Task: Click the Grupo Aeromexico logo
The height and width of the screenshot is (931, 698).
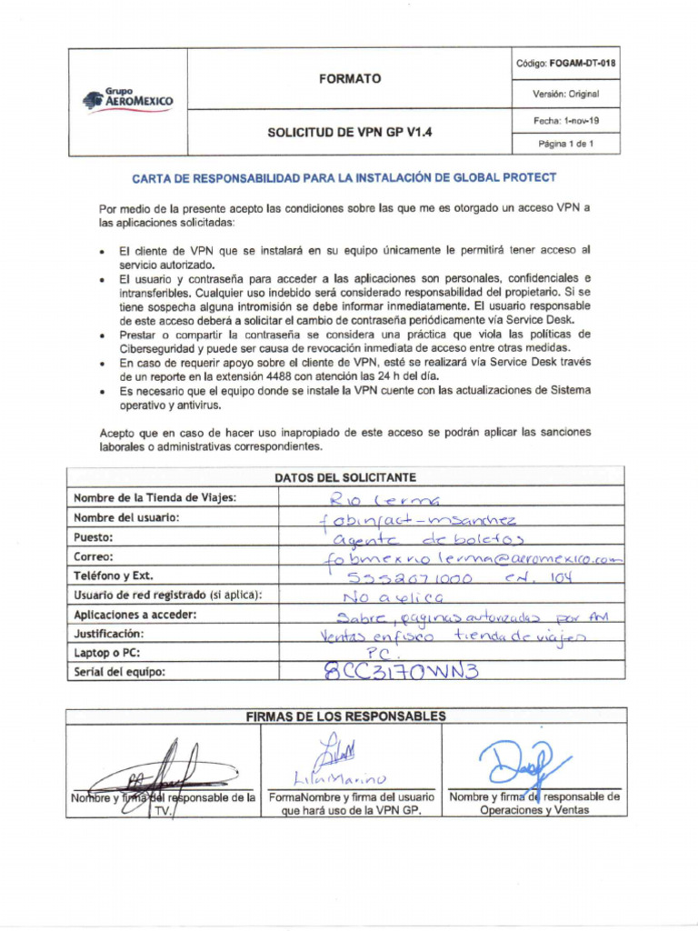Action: click(x=127, y=98)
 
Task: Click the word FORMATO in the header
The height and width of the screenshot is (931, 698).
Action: click(x=350, y=79)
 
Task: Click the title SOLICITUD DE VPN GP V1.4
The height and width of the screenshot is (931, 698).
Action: click(x=350, y=132)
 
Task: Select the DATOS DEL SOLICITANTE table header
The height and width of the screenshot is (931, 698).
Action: click(x=344, y=477)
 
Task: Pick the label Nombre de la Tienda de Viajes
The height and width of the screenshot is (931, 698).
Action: click(x=155, y=497)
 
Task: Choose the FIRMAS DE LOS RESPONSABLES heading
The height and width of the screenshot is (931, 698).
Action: click(x=345, y=716)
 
